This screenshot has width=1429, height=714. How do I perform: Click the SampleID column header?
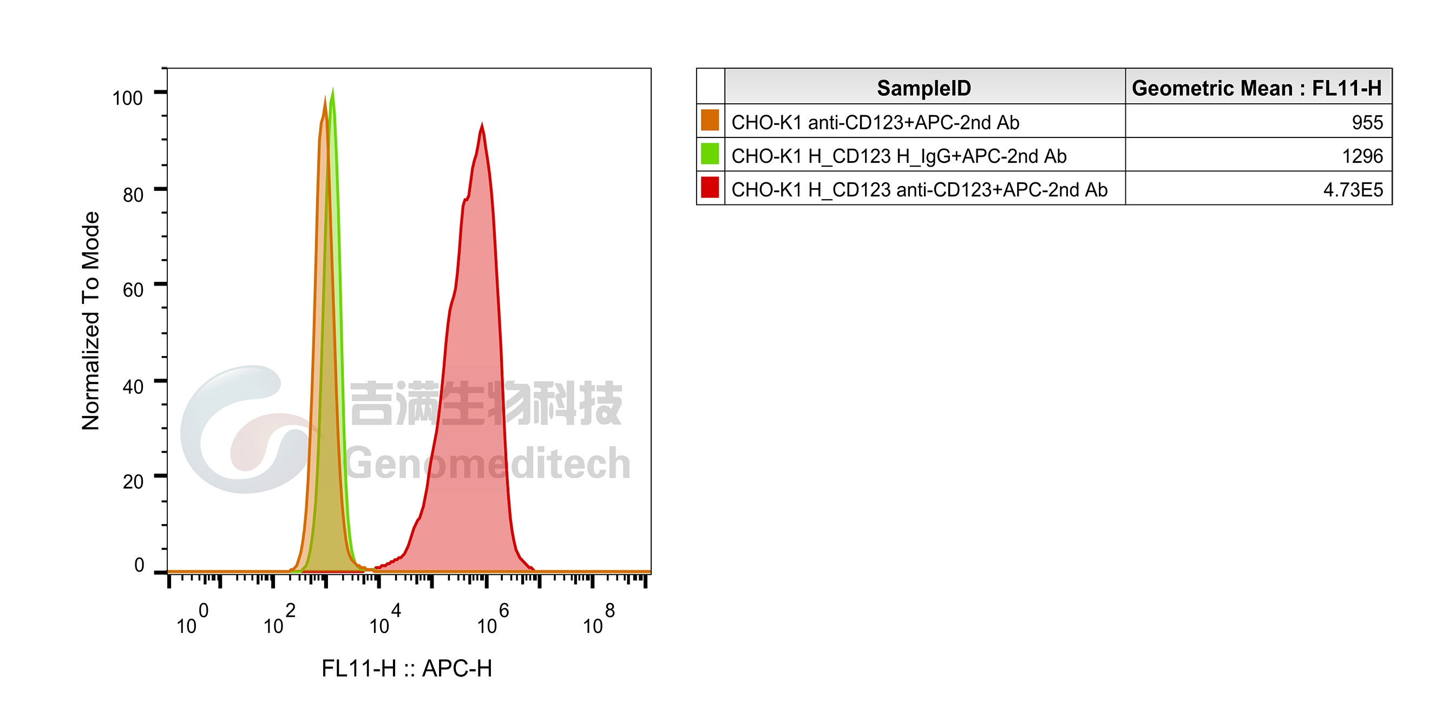pos(923,88)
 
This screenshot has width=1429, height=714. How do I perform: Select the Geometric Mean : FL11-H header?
pos(1256,88)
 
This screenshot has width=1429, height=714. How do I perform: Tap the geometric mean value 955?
pos(1367,122)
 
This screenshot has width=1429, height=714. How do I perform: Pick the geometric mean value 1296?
pos(1362,156)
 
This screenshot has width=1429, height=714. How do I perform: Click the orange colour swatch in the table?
pos(710,120)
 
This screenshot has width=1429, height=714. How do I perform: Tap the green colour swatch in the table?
pos(710,154)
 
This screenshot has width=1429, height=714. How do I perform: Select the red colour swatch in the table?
pos(710,187)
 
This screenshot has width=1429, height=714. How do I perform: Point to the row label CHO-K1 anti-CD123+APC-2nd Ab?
pos(875,122)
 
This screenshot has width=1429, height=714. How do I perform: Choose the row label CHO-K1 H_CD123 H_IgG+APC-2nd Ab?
pos(899,156)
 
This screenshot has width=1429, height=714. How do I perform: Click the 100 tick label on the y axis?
pos(128,98)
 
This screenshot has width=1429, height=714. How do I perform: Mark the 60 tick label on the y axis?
pos(133,290)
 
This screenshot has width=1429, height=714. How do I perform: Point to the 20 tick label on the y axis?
pos(133,482)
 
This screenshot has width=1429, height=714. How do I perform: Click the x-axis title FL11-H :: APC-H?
pos(407,669)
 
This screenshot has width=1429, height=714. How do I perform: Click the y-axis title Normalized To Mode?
pos(90,321)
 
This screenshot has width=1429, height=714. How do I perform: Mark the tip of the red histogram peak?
pos(482,124)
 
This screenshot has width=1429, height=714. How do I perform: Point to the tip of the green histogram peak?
pos(332,89)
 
